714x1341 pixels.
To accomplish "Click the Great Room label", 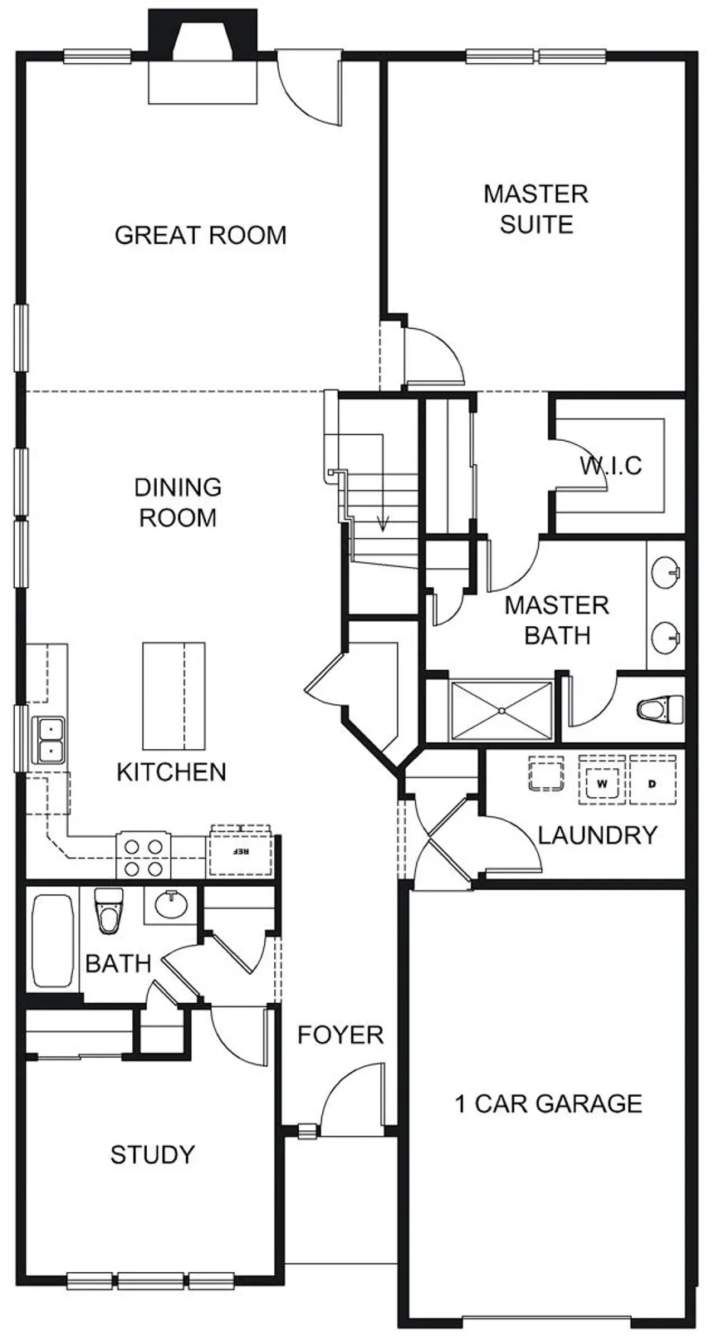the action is point(200,235).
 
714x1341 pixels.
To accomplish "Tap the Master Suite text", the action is point(536,209).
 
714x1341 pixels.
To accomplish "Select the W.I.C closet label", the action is point(610,465).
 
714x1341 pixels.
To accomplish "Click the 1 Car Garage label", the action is point(549,1104).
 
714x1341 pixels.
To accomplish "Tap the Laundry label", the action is point(597,834).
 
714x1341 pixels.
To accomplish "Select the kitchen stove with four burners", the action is point(144,855).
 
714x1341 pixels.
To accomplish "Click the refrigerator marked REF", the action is point(240,852).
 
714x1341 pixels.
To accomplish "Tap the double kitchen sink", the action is point(51,739).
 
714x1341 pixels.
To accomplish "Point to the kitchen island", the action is point(174,696).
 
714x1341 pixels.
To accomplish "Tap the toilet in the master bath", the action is point(660,709).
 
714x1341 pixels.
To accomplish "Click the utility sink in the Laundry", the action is point(545,775).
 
